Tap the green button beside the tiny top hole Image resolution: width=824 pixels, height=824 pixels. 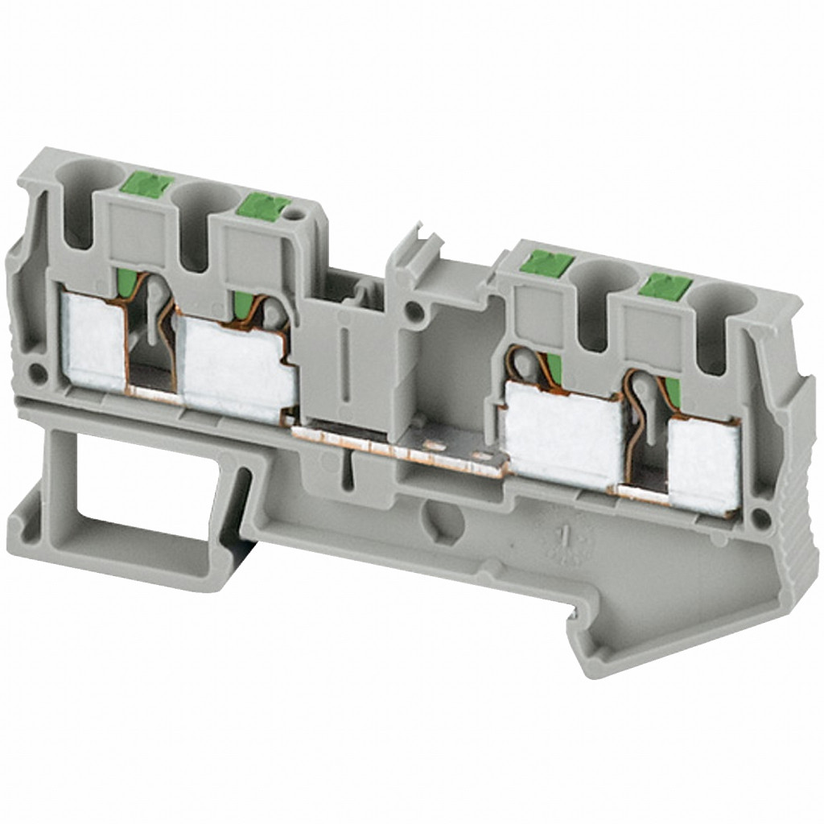263,207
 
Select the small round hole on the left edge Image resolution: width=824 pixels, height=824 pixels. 36,373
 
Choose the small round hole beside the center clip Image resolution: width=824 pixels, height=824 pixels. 414,307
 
